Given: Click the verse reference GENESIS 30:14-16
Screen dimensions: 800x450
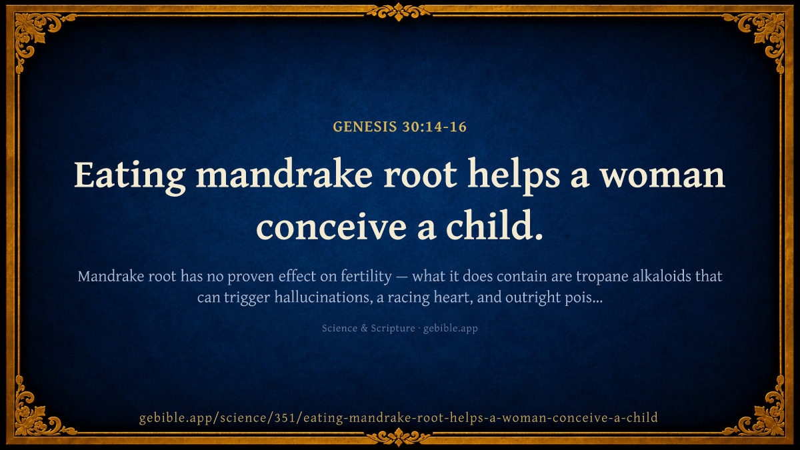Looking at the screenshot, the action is (399, 127).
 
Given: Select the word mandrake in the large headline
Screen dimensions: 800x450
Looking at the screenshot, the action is (284, 175).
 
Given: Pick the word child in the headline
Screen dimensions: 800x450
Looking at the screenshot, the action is (494, 224).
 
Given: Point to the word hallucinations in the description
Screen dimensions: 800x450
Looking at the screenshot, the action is (323, 297).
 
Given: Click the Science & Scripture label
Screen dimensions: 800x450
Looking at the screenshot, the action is (368, 328).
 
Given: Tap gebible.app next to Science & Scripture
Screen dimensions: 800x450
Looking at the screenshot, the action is (451, 329).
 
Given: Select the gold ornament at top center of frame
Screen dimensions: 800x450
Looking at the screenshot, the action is (399, 11).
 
